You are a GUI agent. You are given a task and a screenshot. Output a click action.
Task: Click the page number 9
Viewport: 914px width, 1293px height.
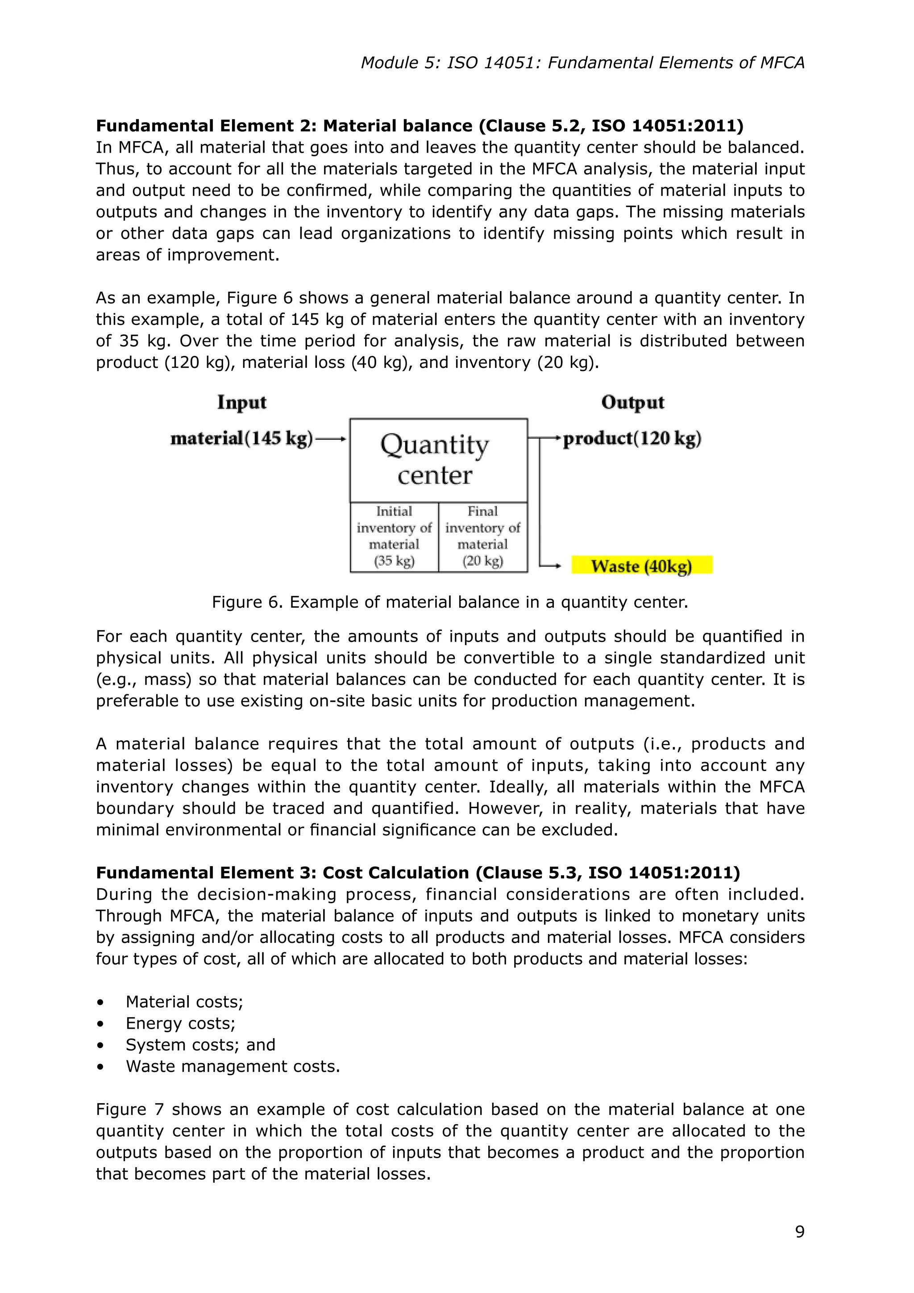(x=799, y=1232)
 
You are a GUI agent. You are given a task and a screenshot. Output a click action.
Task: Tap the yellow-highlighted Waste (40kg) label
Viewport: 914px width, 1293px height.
(x=642, y=565)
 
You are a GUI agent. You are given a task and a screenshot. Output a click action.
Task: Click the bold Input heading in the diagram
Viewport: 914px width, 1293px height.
(x=241, y=402)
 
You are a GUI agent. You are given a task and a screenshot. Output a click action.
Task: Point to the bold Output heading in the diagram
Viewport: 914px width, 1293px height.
(x=632, y=402)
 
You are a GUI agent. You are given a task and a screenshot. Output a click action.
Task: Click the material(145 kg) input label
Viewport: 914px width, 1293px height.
(x=241, y=438)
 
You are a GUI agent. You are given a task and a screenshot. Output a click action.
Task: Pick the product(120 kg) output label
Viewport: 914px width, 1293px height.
(x=632, y=438)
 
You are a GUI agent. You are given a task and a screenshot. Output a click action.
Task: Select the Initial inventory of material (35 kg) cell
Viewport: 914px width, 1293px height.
(x=394, y=536)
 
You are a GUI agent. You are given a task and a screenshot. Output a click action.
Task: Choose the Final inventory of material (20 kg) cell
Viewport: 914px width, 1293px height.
(x=483, y=536)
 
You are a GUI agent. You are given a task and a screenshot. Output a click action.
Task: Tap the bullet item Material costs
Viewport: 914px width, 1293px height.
(x=184, y=1002)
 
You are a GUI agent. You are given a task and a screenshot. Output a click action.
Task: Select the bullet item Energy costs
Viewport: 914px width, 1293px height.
(x=180, y=1023)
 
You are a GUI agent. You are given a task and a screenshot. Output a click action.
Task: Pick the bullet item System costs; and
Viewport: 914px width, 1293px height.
(x=200, y=1045)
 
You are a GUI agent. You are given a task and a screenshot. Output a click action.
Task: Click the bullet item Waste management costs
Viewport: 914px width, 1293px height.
(x=233, y=1066)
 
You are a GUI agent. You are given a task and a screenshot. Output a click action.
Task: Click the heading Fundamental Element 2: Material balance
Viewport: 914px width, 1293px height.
(x=420, y=125)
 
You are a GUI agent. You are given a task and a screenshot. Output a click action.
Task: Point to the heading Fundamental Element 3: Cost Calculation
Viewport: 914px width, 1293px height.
(x=418, y=872)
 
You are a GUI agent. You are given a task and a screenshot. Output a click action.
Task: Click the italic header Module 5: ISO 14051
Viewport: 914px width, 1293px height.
(x=582, y=63)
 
